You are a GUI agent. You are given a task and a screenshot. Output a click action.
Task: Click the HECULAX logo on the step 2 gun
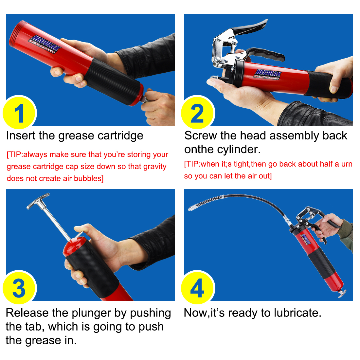[267, 75]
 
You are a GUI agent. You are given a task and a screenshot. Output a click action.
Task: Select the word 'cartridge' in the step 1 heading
[120, 136]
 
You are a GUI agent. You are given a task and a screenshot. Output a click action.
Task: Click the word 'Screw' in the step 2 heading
[200, 135]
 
